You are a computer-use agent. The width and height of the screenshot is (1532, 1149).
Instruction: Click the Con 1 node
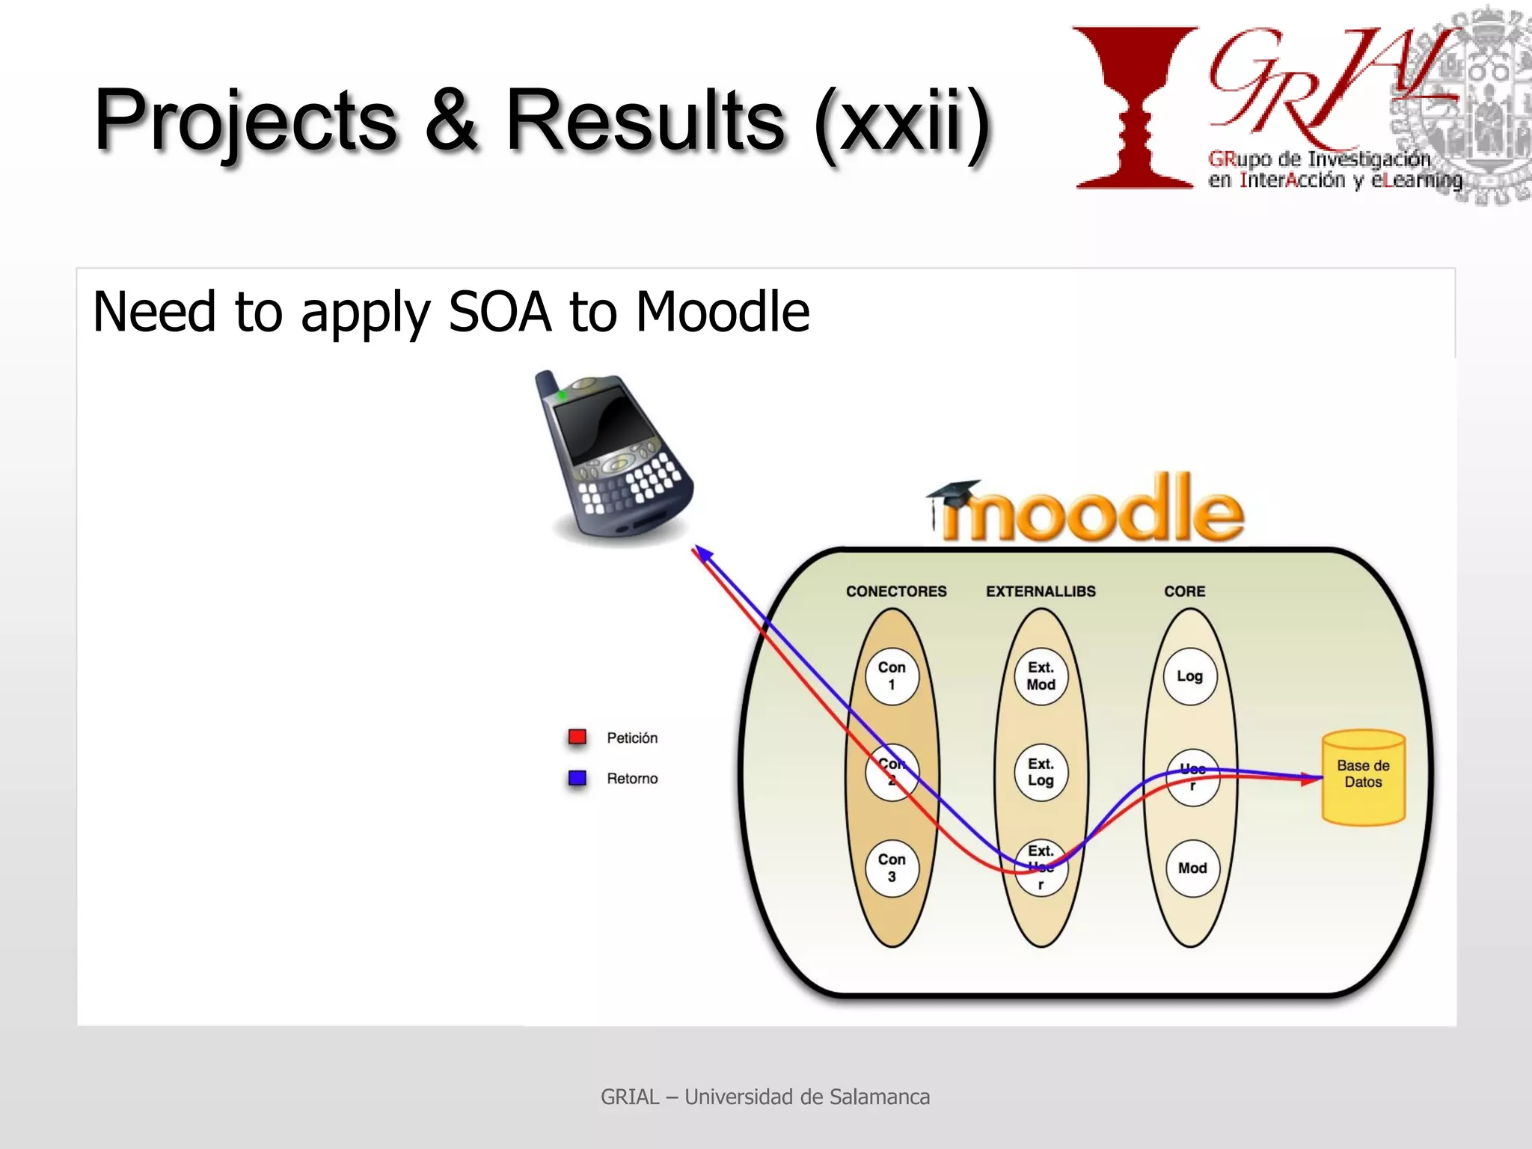point(892,675)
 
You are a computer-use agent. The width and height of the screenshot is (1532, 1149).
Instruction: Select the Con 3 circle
point(892,868)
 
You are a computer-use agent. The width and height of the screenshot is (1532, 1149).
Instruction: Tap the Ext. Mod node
point(1041,675)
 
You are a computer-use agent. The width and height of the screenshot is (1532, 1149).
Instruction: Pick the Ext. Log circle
point(1041,772)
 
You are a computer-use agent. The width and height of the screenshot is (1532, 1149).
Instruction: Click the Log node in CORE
point(1189,676)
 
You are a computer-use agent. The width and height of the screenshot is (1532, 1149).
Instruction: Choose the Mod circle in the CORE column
point(1192,868)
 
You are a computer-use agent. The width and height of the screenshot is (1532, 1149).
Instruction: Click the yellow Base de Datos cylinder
point(1363,778)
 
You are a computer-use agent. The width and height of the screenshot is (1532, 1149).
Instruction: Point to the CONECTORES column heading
point(896,591)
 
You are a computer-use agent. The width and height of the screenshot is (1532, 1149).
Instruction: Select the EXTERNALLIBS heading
point(1041,591)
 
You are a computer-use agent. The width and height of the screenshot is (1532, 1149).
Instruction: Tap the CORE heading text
point(1184,591)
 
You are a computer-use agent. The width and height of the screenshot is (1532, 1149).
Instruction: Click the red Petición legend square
point(577,738)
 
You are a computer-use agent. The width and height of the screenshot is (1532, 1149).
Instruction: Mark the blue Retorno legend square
point(577,778)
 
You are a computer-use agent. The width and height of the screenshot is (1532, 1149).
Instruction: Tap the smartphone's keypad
point(636,482)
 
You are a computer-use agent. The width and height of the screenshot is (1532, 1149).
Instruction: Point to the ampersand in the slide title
point(451,120)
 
